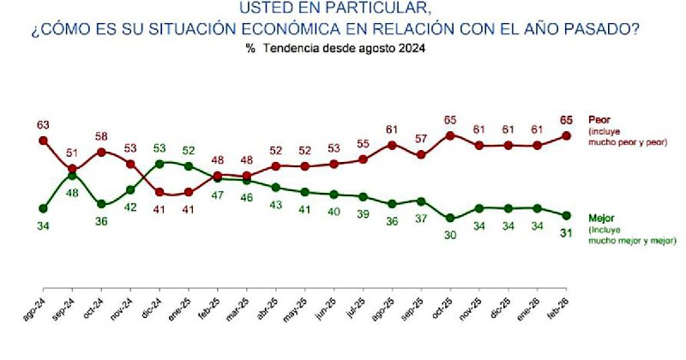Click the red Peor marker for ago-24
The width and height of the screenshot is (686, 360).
(x=44, y=141)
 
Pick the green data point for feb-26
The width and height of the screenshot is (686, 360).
(x=566, y=215)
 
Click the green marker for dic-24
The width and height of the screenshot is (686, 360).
(x=160, y=163)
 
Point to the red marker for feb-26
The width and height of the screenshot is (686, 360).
(x=566, y=135)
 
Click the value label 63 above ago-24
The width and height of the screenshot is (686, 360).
(x=44, y=125)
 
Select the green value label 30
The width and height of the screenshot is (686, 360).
(x=450, y=235)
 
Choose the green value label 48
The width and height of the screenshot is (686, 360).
(x=73, y=193)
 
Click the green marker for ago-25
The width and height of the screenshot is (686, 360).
(x=392, y=204)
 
